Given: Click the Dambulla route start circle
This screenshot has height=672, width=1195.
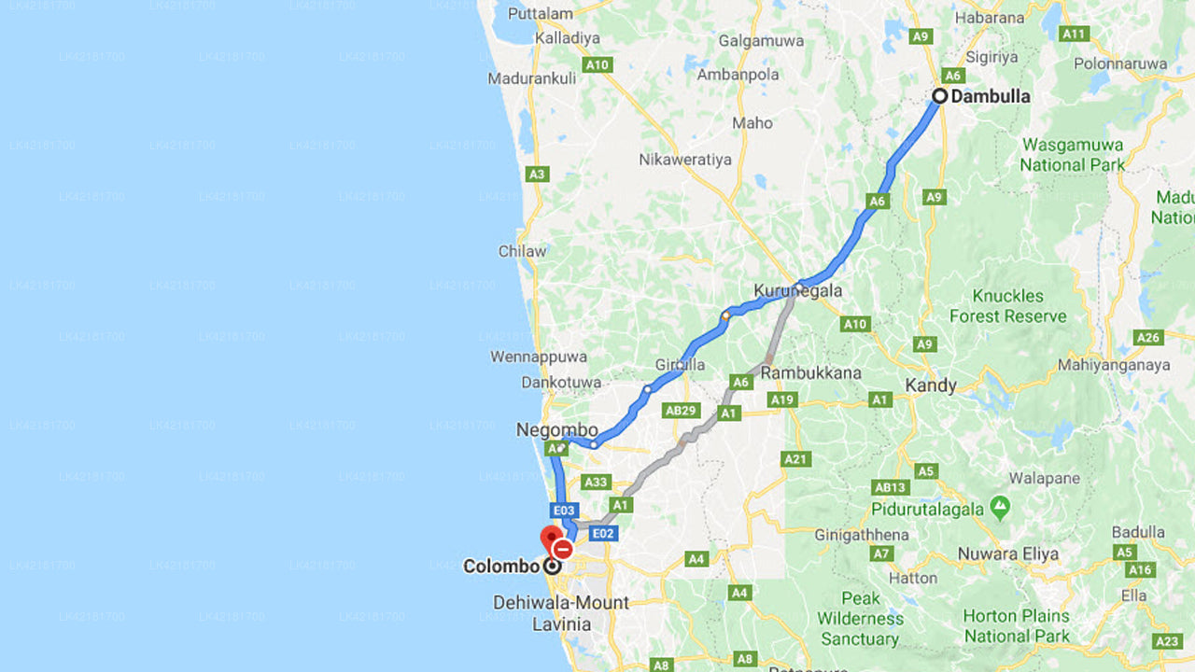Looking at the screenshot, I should point(940,96).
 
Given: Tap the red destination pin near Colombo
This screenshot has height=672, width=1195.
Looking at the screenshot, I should point(550,539).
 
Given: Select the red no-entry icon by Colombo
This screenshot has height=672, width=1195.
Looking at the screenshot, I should point(562,550).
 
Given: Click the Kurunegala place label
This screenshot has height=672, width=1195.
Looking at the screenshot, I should point(798,290).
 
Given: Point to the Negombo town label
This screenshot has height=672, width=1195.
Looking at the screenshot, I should point(557,430).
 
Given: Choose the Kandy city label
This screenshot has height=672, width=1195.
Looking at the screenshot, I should point(931,385).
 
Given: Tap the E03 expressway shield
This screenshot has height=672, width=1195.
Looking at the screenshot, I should point(564,511).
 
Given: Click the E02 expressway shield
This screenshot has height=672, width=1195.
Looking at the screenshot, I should point(603,533).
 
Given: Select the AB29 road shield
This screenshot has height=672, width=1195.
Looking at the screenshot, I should point(681,410).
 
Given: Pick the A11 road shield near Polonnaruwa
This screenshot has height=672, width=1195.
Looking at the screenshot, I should point(1075,34).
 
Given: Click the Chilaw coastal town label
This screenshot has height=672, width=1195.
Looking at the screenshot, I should point(523,251).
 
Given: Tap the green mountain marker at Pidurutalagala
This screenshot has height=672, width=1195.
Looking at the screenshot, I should point(1001,508).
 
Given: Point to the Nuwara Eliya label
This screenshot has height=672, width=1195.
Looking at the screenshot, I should point(1008,553).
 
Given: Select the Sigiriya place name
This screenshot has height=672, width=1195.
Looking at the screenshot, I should point(991,57).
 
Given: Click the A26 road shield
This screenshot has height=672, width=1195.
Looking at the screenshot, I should point(1148,337).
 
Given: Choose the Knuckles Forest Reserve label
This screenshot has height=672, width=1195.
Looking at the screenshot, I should point(1008,306).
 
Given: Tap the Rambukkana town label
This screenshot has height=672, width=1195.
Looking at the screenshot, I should point(810,372).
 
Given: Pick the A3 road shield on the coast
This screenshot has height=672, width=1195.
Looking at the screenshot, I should point(537,174).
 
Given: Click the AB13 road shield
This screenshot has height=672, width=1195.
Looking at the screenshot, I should point(891,487).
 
